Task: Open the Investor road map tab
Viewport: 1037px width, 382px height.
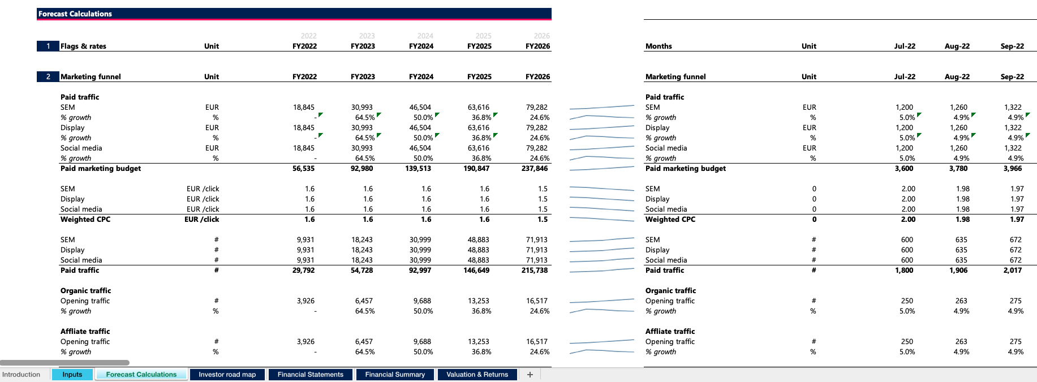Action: (x=227, y=375)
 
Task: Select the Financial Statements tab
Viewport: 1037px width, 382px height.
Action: (x=310, y=375)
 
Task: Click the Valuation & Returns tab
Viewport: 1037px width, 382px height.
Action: (x=477, y=375)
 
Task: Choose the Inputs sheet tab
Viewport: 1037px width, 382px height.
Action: (x=72, y=375)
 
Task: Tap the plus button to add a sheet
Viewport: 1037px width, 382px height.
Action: (x=530, y=375)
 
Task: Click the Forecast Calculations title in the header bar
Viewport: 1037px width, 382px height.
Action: (x=75, y=14)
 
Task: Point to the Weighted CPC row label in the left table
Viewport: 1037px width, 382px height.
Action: (x=85, y=220)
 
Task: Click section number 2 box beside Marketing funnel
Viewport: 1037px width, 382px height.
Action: (x=48, y=76)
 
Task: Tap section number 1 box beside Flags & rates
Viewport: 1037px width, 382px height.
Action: (x=48, y=46)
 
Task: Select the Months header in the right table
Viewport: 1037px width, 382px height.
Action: (x=659, y=46)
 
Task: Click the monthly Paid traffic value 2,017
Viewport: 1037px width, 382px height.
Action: (x=1013, y=271)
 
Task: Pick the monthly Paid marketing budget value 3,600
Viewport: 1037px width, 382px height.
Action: (x=904, y=169)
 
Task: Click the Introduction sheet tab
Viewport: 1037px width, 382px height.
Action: (x=21, y=375)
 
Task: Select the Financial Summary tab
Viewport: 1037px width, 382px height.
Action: (x=395, y=375)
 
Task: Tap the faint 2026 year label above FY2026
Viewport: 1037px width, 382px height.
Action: (x=541, y=36)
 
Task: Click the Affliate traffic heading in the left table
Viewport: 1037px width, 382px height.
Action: (x=85, y=332)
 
